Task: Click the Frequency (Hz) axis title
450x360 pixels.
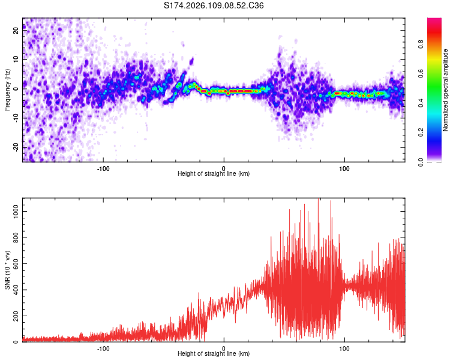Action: (x=7, y=90)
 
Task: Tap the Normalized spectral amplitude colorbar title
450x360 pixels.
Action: (x=446, y=90)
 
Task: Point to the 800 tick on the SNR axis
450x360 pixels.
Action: (x=14, y=238)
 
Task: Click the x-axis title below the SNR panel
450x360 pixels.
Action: (x=214, y=354)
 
